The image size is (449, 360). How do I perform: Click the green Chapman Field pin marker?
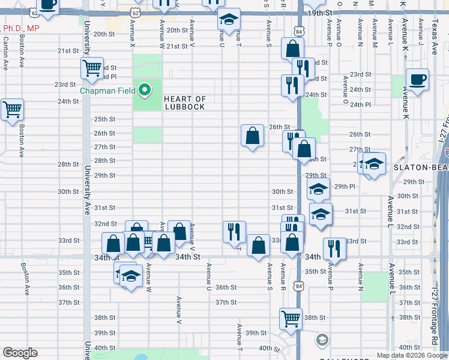[x=144, y=91]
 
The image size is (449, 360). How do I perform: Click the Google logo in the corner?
[x=20, y=352]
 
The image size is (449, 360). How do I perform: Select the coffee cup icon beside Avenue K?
[x=417, y=79]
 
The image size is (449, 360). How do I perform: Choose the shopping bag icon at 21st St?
[x=292, y=48]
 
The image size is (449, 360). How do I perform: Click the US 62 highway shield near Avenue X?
[x=136, y=12]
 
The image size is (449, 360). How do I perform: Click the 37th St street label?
[x=226, y=302]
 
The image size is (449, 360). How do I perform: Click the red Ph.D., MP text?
[x=20, y=28]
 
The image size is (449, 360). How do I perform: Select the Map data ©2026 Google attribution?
[x=411, y=355]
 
